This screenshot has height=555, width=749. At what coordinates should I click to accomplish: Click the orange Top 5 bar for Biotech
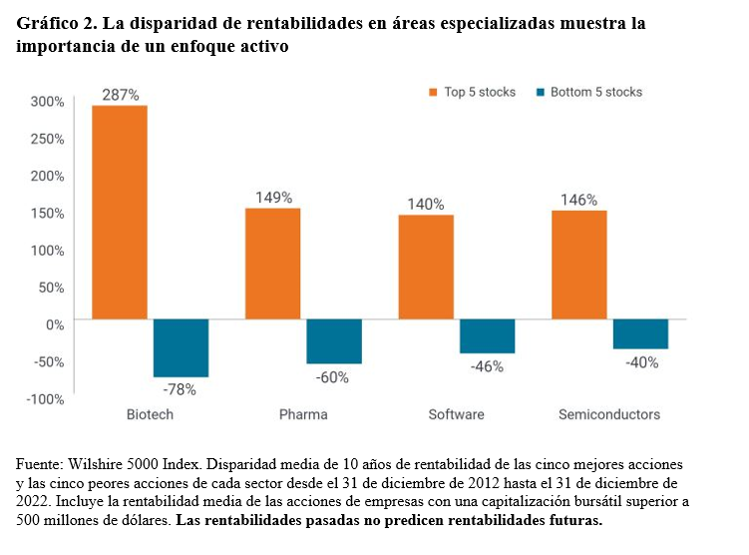[120, 212]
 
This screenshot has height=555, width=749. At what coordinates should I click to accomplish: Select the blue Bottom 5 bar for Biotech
[181, 347]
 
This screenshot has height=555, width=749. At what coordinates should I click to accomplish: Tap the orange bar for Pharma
[272, 264]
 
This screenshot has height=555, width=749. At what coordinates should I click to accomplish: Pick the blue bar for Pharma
[334, 341]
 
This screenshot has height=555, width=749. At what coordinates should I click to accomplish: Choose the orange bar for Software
[426, 267]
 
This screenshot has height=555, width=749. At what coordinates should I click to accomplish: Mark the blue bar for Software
[488, 336]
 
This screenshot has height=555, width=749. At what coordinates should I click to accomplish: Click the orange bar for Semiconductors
[578, 265]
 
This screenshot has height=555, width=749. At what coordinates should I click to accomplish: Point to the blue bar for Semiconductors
[640, 334]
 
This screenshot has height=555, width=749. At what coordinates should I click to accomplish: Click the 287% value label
[120, 95]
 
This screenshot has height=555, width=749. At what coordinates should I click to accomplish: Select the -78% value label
[180, 389]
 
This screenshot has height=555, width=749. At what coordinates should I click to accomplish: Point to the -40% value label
[641, 362]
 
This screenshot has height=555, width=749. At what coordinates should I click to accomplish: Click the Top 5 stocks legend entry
[472, 92]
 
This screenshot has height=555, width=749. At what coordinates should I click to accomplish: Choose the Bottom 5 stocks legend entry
[589, 92]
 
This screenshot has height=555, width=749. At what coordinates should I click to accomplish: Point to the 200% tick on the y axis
[47, 176]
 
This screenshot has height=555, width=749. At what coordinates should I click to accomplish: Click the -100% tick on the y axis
[45, 399]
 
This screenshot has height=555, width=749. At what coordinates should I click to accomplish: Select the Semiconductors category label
[608, 414]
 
